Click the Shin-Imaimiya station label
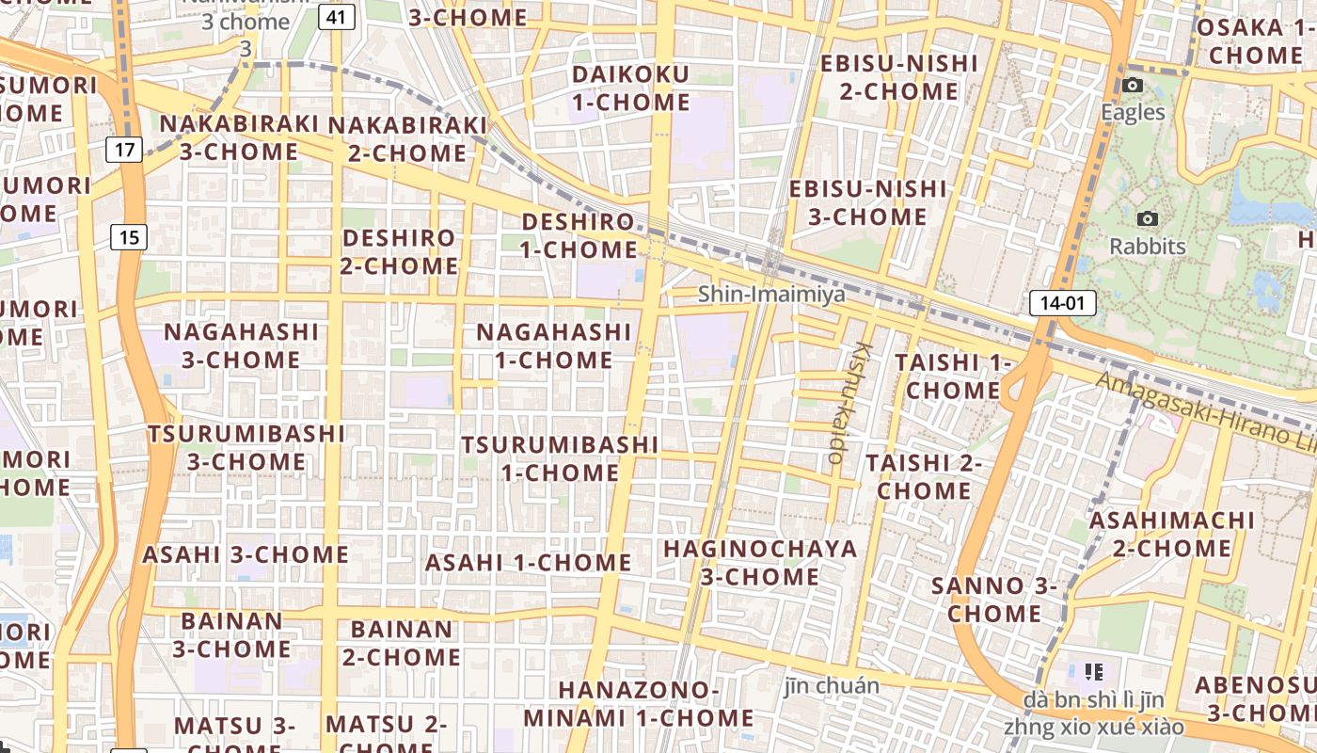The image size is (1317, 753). (771, 295)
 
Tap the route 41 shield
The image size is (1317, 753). (336, 16)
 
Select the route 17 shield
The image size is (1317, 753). (124, 149)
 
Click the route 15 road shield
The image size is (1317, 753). (129, 236)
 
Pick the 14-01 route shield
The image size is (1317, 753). (1063, 303)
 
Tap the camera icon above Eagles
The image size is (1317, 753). (1133, 86)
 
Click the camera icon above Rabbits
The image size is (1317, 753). (1147, 219)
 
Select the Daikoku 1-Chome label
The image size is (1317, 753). (631, 88)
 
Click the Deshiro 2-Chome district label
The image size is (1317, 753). (400, 251)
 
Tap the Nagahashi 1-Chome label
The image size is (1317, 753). (553, 345)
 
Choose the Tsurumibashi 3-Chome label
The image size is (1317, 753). (246, 447)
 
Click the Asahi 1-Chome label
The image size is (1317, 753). (528, 563)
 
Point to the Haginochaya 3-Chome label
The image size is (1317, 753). (760, 562)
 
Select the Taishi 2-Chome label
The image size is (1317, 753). (924, 476)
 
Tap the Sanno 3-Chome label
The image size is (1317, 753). (994, 600)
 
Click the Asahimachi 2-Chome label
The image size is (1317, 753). (1171, 534)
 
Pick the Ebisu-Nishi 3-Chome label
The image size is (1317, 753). (867, 202)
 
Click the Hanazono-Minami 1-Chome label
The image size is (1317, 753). (639, 704)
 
